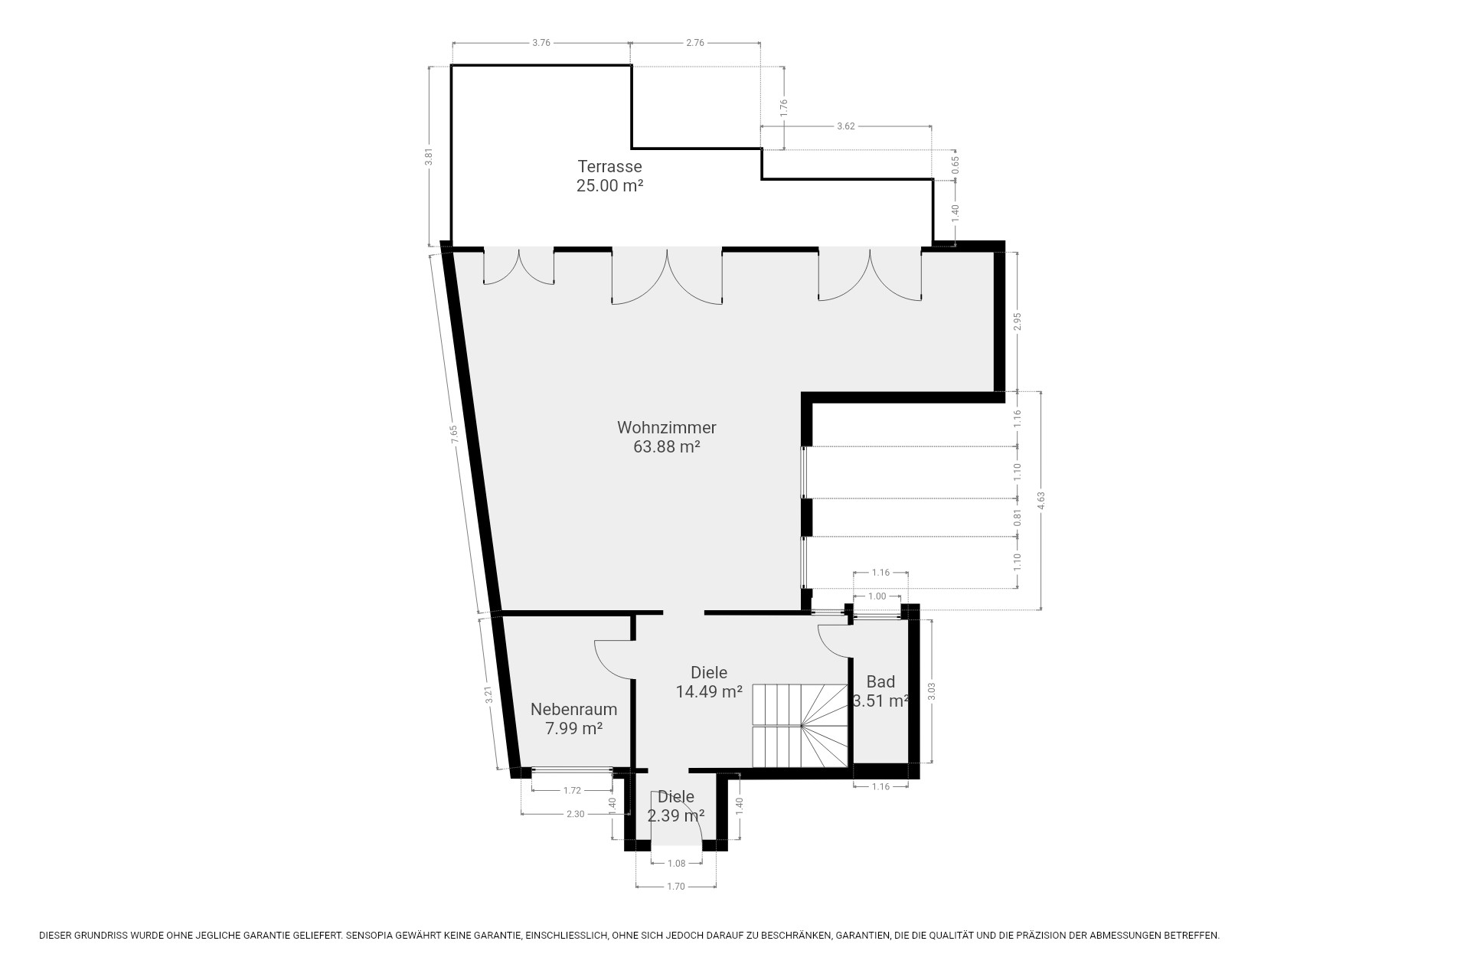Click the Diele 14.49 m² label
pyautogui.click(x=709, y=682)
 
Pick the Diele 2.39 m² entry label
pyautogui.click(x=676, y=806)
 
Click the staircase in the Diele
pyautogui.click(x=800, y=725)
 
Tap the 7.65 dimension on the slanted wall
pyautogui.click(x=453, y=434)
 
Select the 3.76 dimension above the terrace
pyautogui.click(x=541, y=43)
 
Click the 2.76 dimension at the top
pyautogui.click(x=695, y=43)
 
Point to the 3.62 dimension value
pyautogui.click(x=846, y=126)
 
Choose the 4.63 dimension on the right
pyautogui.click(x=1040, y=500)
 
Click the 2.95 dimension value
pyautogui.click(x=1018, y=322)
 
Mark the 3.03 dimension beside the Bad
pyautogui.click(x=932, y=691)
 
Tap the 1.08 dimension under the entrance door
pyautogui.click(x=676, y=864)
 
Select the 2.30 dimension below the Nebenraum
pyautogui.click(x=575, y=814)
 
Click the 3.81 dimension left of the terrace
pyautogui.click(x=430, y=156)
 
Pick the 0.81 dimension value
pyautogui.click(x=1018, y=518)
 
